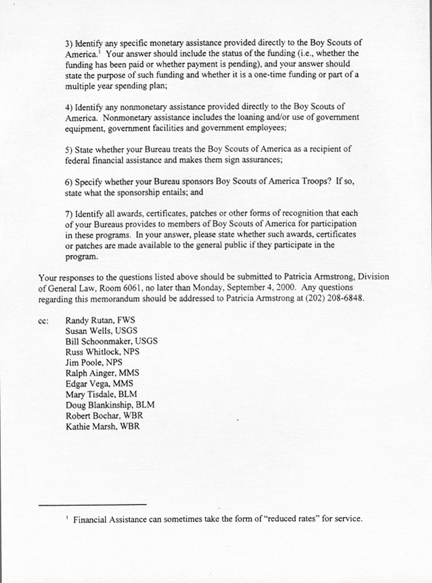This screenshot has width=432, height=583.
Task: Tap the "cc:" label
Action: pos(43,321)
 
